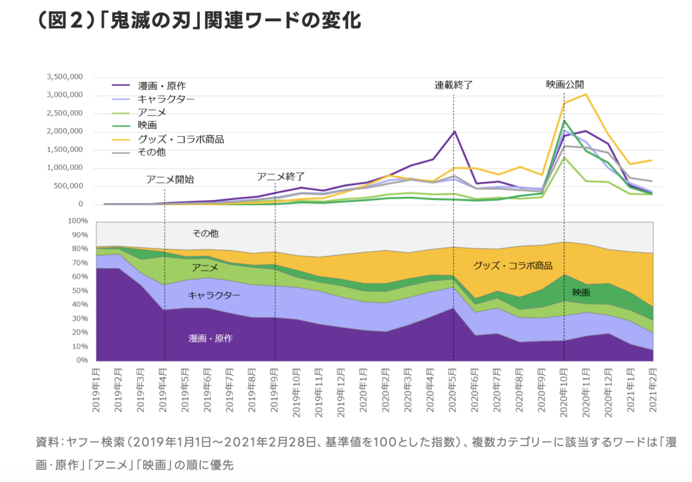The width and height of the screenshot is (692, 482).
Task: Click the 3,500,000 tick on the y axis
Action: [x=65, y=77]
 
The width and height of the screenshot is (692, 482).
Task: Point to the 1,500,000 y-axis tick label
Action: [x=65, y=150]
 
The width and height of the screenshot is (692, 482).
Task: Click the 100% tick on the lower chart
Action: [x=78, y=220]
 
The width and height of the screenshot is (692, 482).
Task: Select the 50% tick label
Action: [x=79, y=290]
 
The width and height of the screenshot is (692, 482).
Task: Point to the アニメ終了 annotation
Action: [x=281, y=176]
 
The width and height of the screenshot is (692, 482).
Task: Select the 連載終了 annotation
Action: [x=454, y=85]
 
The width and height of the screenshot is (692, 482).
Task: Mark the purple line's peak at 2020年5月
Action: [x=454, y=131]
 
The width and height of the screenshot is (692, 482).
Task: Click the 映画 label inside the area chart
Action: [x=581, y=292]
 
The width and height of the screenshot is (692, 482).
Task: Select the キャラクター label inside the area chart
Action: [x=214, y=295]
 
